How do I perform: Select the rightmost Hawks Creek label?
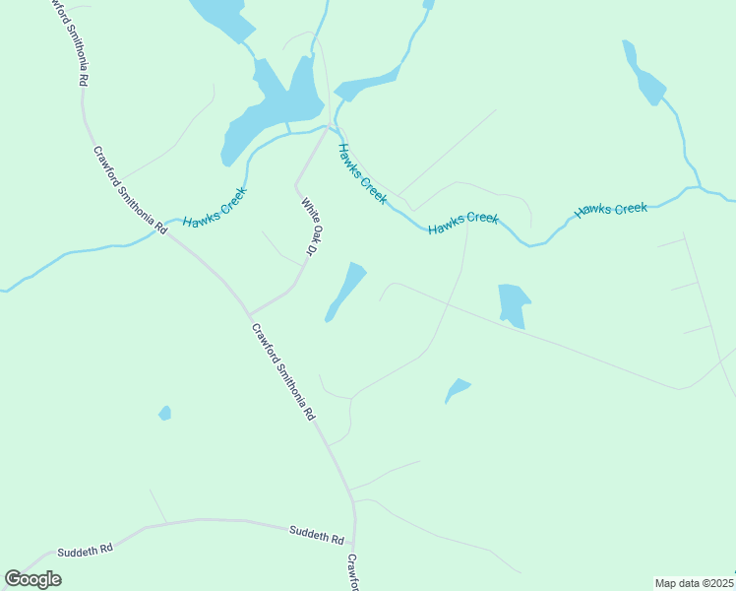[611, 209]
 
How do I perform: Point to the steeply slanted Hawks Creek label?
[362, 173]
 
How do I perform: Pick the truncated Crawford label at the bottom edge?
[351, 572]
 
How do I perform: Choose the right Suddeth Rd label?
[316, 536]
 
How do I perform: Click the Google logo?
[33, 579]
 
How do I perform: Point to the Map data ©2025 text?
[694, 583]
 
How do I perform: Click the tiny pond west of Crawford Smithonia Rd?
[165, 413]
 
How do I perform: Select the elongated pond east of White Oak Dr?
[344, 292]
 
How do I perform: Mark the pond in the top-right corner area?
[644, 75]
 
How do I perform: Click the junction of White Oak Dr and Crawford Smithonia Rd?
[250, 315]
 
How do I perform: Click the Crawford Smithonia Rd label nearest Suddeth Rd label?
[281, 372]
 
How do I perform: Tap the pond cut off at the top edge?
[218, 14]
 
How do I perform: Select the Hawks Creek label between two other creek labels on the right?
[462, 223]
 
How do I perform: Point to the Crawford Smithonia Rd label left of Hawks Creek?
[130, 190]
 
